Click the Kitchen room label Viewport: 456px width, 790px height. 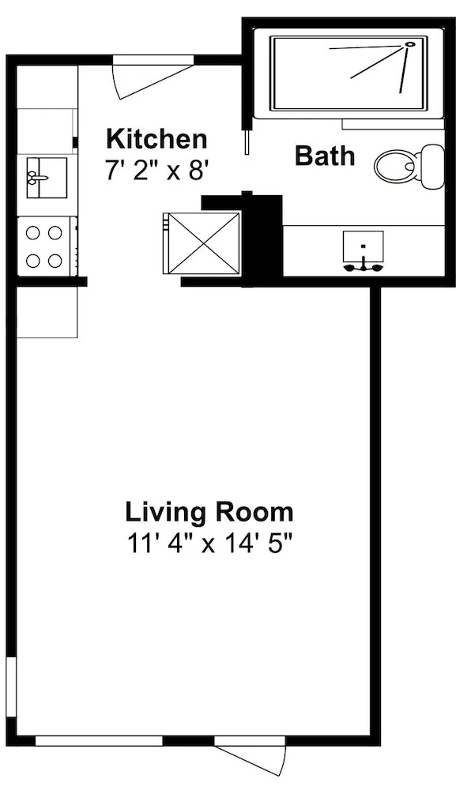click(156, 139)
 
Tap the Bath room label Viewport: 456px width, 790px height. click(325, 156)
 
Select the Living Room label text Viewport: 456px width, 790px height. click(209, 513)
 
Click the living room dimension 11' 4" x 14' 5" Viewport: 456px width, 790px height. click(209, 545)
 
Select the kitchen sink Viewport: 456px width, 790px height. click(47, 177)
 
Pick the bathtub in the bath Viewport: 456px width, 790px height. click(349, 73)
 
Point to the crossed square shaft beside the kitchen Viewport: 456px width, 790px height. click(204, 243)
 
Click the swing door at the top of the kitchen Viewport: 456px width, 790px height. click(153, 76)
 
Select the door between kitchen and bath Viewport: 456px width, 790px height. click(247, 141)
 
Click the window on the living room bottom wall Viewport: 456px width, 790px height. click(100, 741)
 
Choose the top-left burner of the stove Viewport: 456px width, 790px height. click(33, 233)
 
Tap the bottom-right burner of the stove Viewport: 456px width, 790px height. click(55, 261)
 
